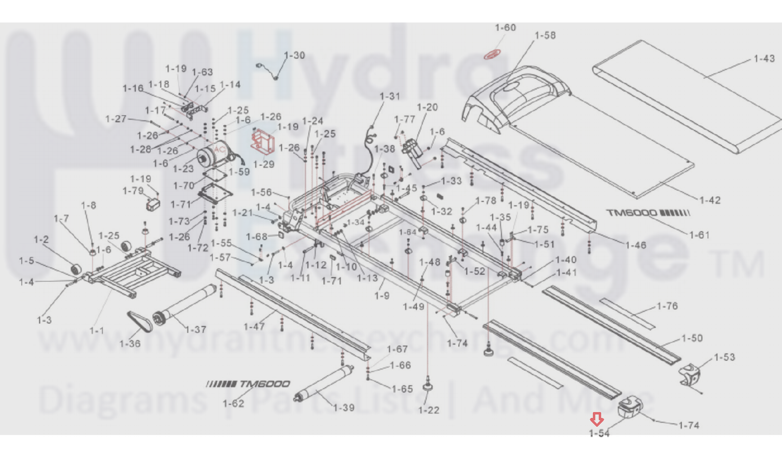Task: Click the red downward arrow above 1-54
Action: click(x=597, y=419)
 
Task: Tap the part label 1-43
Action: click(x=764, y=59)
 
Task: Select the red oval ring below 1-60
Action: click(x=493, y=54)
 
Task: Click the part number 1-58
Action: click(x=545, y=35)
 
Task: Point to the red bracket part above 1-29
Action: click(x=262, y=139)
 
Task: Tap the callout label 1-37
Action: click(x=196, y=329)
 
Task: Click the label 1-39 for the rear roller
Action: click(x=344, y=408)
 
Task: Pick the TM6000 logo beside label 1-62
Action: click(x=248, y=384)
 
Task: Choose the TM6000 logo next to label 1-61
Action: click(x=648, y=213)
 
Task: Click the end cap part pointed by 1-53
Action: click(x=690, y=374)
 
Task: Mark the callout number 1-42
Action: click(x=710, y=200)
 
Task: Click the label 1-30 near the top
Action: click(x=294, y=55)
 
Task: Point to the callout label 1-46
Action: click(x=636, y=245)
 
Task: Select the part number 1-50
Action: click(x=692, y=338)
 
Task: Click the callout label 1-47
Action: click(x=254, y=326)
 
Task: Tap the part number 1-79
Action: click(x=133, y=190)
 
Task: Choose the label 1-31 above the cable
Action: click(x=390, y=96)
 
